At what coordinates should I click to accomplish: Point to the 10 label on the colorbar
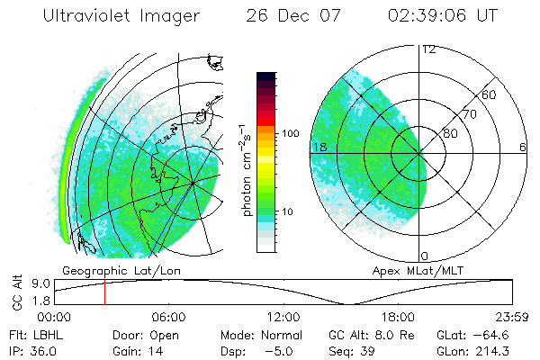(291, 212)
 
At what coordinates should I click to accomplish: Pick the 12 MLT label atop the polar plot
(428, 49)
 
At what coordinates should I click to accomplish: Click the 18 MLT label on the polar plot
(318, 147)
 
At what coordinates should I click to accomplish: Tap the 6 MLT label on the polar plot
(523, 147)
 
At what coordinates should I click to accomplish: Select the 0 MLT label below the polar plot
(426, 256)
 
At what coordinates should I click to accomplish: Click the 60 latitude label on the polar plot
(489, 94)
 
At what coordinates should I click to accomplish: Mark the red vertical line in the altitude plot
(104, 292)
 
